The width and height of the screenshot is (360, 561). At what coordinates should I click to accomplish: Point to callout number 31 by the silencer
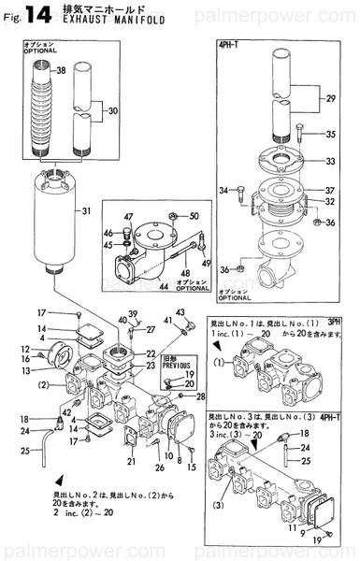pos(86,211)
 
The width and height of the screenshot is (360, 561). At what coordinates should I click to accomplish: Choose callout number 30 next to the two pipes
pos(113,111)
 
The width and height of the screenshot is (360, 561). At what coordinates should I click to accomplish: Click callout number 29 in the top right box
pos(327,98)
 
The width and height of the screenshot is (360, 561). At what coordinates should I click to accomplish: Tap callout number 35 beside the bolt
pos(328,135)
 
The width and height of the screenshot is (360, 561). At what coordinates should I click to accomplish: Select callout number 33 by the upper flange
pos(328,161)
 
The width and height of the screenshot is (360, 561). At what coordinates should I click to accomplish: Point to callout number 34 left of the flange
pos(223,191)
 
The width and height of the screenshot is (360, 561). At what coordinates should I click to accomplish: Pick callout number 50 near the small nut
pos(194,216)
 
